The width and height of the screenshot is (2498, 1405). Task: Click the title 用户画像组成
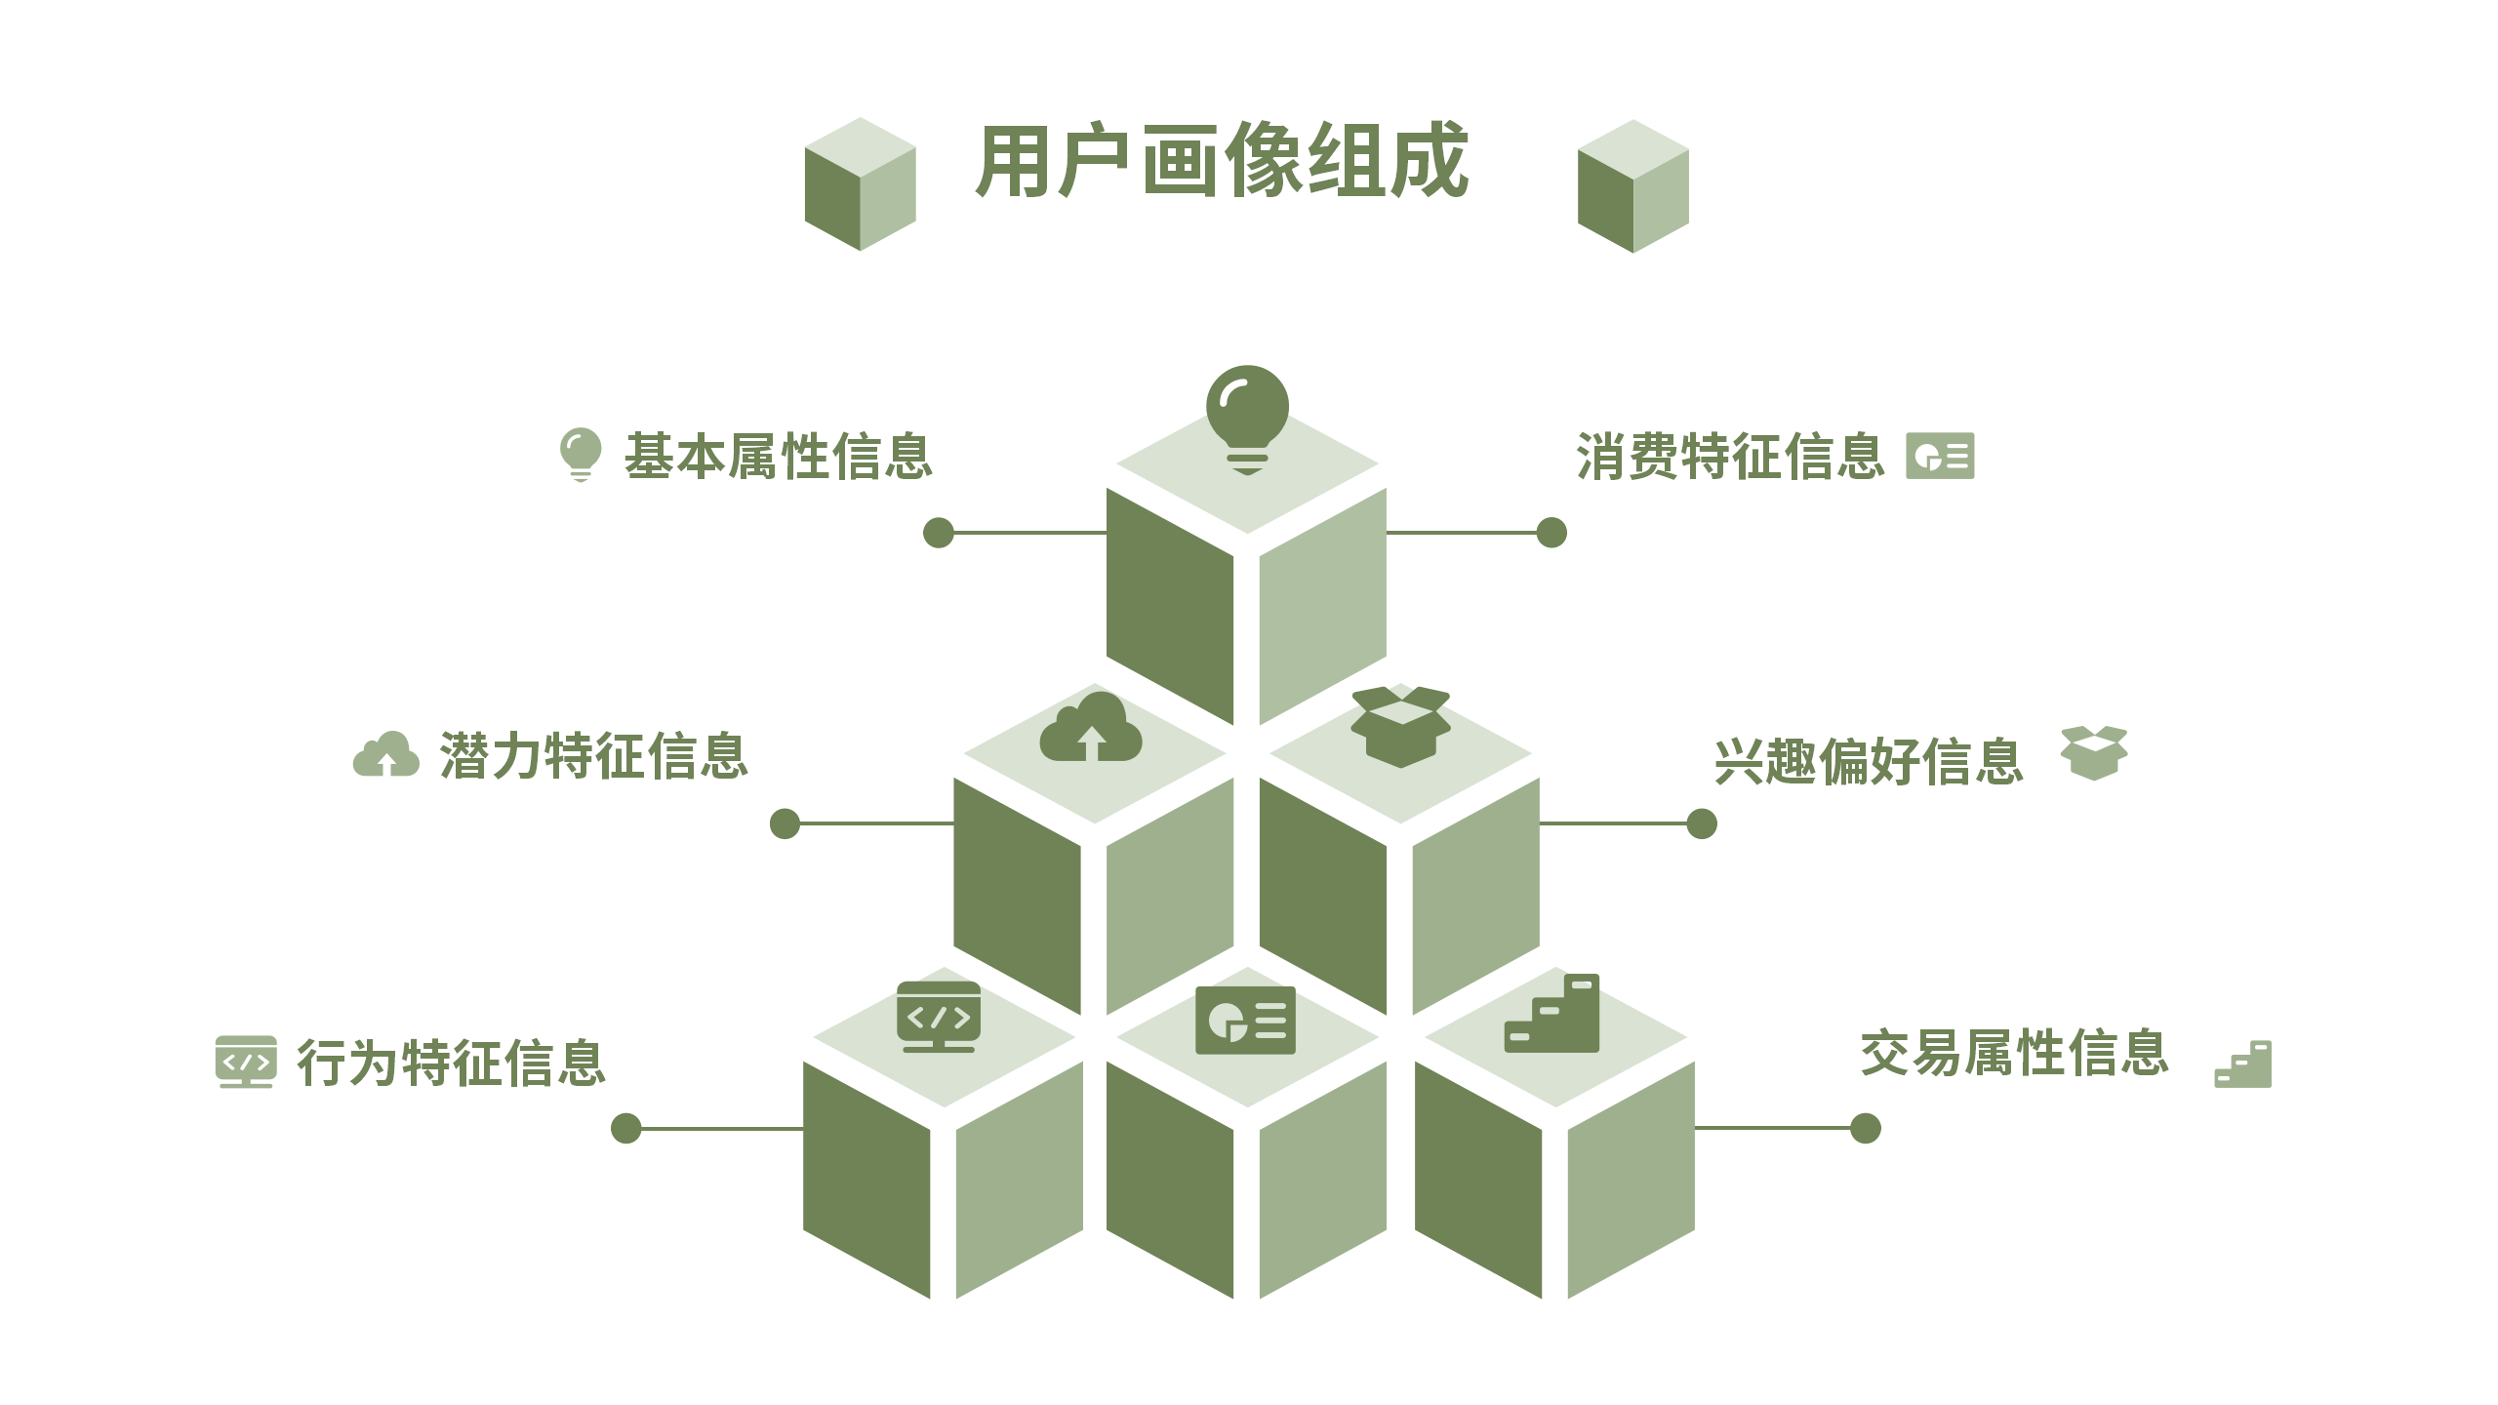1222,161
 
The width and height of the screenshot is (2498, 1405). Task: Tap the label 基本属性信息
778,457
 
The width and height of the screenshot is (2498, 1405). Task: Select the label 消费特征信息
1729,457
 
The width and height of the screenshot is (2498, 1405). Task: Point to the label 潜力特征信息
593,756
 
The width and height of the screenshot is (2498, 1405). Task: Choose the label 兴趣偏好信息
1869,762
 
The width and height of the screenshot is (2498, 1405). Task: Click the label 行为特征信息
451,1063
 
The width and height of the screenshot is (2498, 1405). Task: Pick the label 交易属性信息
2014,1054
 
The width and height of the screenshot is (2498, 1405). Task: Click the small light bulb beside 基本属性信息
580,455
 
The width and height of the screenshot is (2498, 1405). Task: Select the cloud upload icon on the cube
1091,728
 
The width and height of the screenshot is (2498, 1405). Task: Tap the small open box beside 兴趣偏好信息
2094,752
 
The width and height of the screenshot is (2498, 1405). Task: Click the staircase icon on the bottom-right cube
1552,1015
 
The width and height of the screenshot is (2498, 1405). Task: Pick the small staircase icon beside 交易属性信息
2243,1064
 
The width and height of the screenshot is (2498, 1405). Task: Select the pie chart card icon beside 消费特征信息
1940,456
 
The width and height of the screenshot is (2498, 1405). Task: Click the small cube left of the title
860,184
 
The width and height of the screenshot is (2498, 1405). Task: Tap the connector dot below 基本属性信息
939,533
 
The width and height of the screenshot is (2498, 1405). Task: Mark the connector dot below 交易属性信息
1865,1128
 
